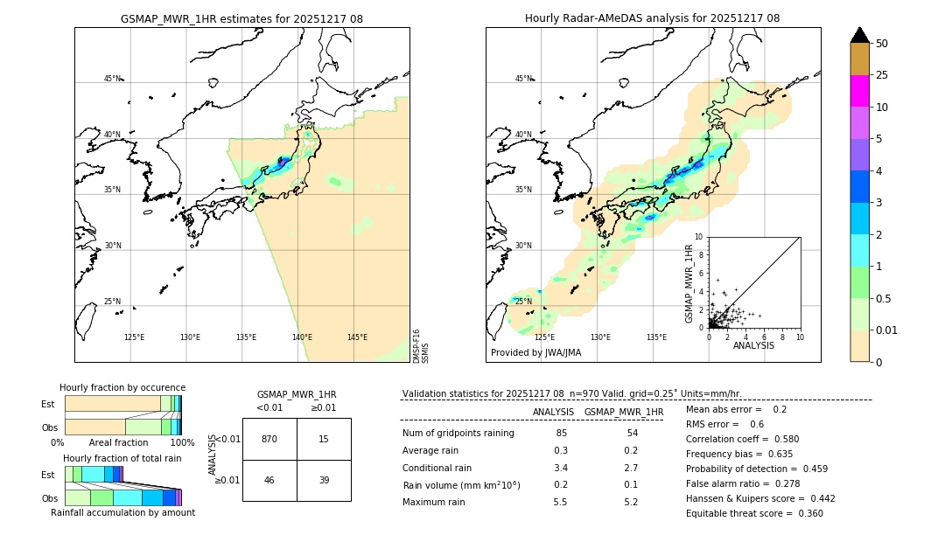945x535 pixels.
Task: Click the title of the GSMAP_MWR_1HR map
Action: (x=241, y=18)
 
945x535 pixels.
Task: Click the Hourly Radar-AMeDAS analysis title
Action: (x=652, y=18)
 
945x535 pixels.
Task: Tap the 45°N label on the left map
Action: (x=112, y=79)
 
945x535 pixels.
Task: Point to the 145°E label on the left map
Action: (x=357, y=337)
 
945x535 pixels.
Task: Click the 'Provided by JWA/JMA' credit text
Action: (x=535, y=352)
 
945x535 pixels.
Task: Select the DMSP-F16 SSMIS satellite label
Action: (x=420, y=346)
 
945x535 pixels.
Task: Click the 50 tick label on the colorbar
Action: (x=882, y=44)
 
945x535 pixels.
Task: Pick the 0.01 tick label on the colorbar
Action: (x=887, y=330)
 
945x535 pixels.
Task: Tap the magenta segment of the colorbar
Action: (x=859, y=91)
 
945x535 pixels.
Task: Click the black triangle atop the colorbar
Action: (x=859, y=35)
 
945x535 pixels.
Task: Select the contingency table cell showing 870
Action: (x=269, y=439)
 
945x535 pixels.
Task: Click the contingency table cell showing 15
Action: (x=324, y=439)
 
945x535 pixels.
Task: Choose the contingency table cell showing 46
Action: (x=269, y=480)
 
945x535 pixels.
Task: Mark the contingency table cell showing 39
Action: (x=324, y=480)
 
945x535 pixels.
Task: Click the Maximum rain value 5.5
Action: (x=561, y=502)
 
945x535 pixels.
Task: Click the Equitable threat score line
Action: (x=754, y=513)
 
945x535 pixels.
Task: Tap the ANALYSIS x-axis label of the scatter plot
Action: (x=753, y=345)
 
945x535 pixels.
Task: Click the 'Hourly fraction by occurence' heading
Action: (x=122, y=387)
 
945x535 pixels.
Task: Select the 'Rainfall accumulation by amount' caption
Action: (x=122, y=512)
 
